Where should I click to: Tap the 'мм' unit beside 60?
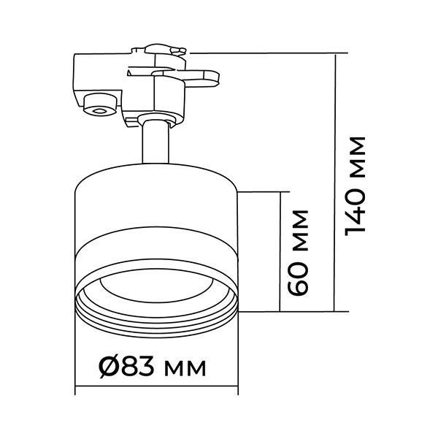[x=301, y=230]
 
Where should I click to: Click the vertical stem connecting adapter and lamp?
[x=155, y=142]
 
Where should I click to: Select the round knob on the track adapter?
[x=100, y=104]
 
